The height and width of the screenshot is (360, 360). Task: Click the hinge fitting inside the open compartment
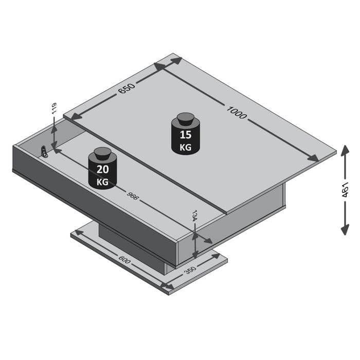[45, 152]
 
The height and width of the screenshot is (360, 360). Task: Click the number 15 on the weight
[186, 136]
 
